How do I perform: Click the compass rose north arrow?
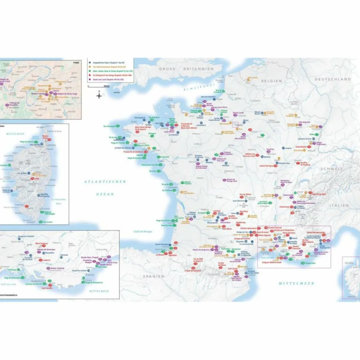point(99,95)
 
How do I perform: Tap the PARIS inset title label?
point(76,62)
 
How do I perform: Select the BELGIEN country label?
point(271,81)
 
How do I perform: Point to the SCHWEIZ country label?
point(331,169)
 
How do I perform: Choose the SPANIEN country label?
point(153,276)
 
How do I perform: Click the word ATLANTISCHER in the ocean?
point(105,182)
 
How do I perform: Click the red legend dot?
point(90,75)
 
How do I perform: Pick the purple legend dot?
point(90,79)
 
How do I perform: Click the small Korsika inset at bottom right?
point(351,278)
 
